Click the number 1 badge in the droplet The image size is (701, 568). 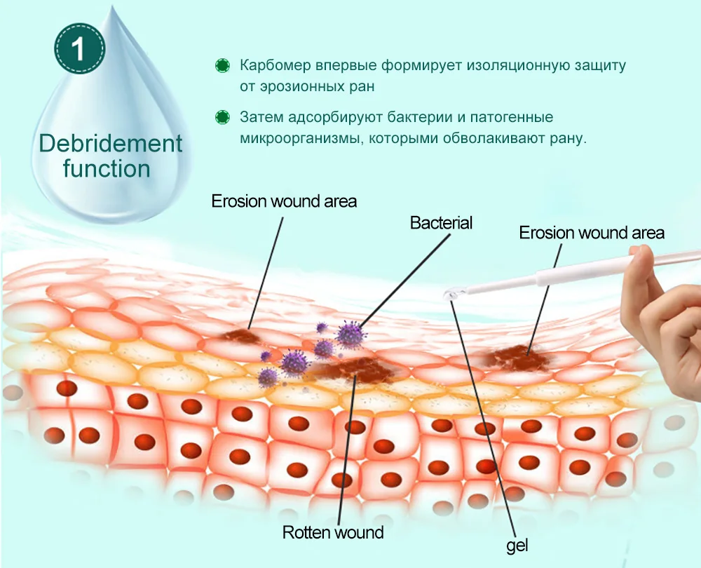click(79, 49)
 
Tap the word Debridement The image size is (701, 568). click(111, 144)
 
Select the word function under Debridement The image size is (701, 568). click(107, 169)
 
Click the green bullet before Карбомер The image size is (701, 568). click(223, 66)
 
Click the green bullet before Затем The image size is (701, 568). click(223, 117)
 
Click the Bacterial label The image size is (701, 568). click(442, 223)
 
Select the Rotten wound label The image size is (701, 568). click(333, 532)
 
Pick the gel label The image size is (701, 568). click(517, 545)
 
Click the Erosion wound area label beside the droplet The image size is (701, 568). click(285, 201)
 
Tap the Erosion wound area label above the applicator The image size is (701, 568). click(592, 233)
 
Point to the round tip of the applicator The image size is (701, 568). click(450, 297)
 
